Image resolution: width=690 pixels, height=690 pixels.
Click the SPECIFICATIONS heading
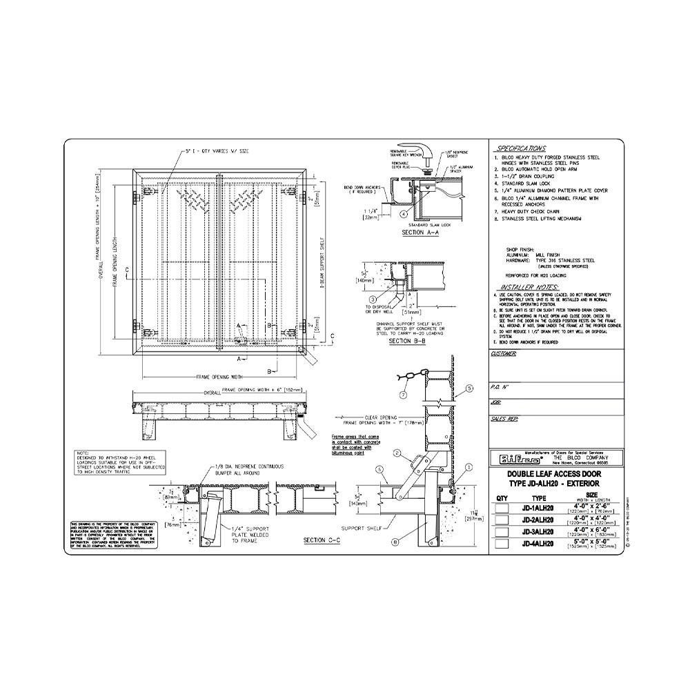pyautogui.click(x=522, y=148)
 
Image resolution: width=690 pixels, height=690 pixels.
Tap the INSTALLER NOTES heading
pyautogui.click(x=529, y=286)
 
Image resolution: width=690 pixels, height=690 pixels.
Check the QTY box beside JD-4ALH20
pyautogui.click(x=502, y=544)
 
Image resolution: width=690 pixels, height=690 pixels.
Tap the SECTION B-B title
pyautogui.click(x=408, y=341)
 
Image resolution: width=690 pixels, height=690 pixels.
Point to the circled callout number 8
pyautogui.click(x=395, y=542)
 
